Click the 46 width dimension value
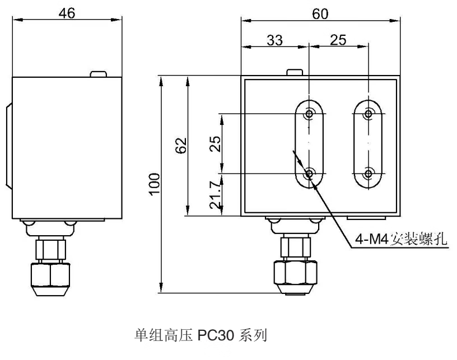pos(67,13)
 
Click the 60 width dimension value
pos(320,13)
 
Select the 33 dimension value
pos(274,40)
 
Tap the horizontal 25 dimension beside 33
pos(338,40)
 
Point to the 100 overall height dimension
pos(155,184)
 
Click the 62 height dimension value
pos(181,146)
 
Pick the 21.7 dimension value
pos(215,195)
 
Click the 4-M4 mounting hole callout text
pos(401,239)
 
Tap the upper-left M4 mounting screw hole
pos(309,113)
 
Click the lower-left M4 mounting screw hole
pos(309,174)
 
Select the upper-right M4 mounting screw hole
pos(369,113)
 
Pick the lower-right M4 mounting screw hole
pos(369,174)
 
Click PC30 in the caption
pos(216,335)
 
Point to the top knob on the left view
pos(98,74)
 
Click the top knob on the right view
pos(295,72)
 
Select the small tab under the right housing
pos(366,218)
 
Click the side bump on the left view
pos(9,146)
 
